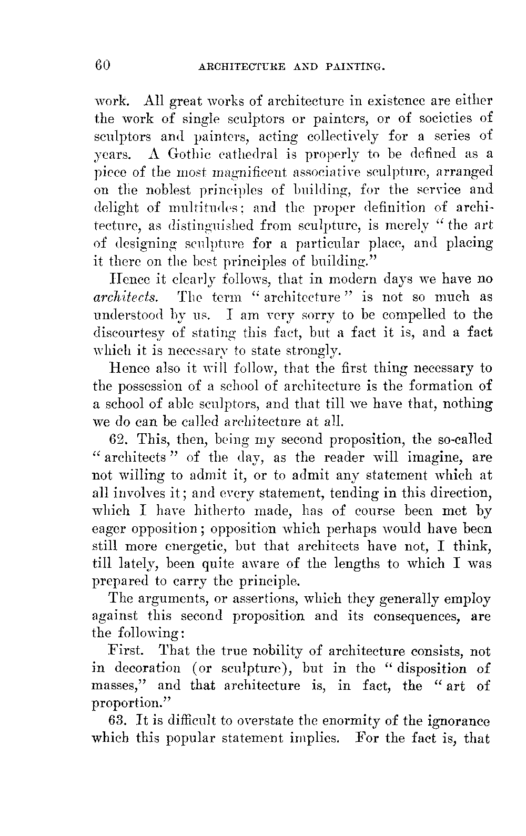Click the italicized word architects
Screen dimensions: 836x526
click(118, 297)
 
